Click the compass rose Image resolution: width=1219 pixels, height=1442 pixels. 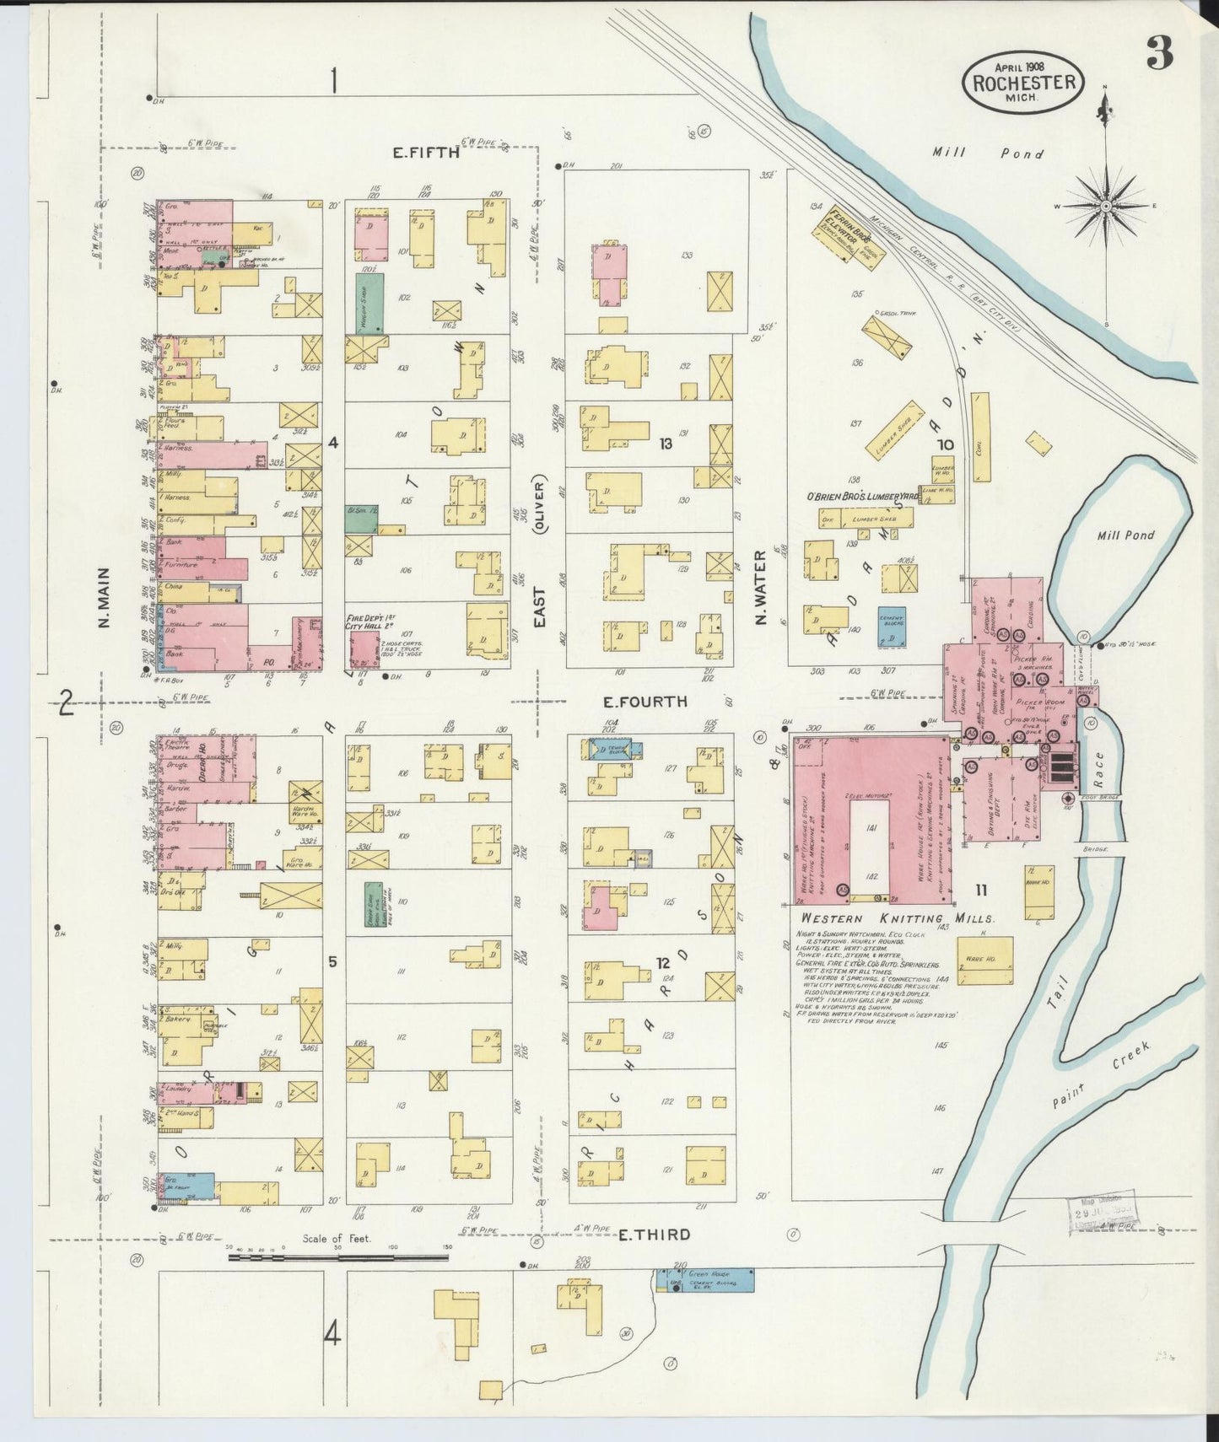point(1105,206)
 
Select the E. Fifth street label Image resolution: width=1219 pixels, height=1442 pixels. point(426,153)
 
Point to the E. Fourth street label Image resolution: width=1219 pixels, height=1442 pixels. point(645,702)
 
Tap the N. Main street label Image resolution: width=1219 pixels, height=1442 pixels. point(105,600)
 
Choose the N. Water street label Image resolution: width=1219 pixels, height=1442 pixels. point(760,589)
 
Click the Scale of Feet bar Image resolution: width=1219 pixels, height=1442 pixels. point(337,1256)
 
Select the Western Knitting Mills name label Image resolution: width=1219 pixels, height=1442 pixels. point(897,918)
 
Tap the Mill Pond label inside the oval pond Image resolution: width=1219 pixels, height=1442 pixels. point(1126,535)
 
